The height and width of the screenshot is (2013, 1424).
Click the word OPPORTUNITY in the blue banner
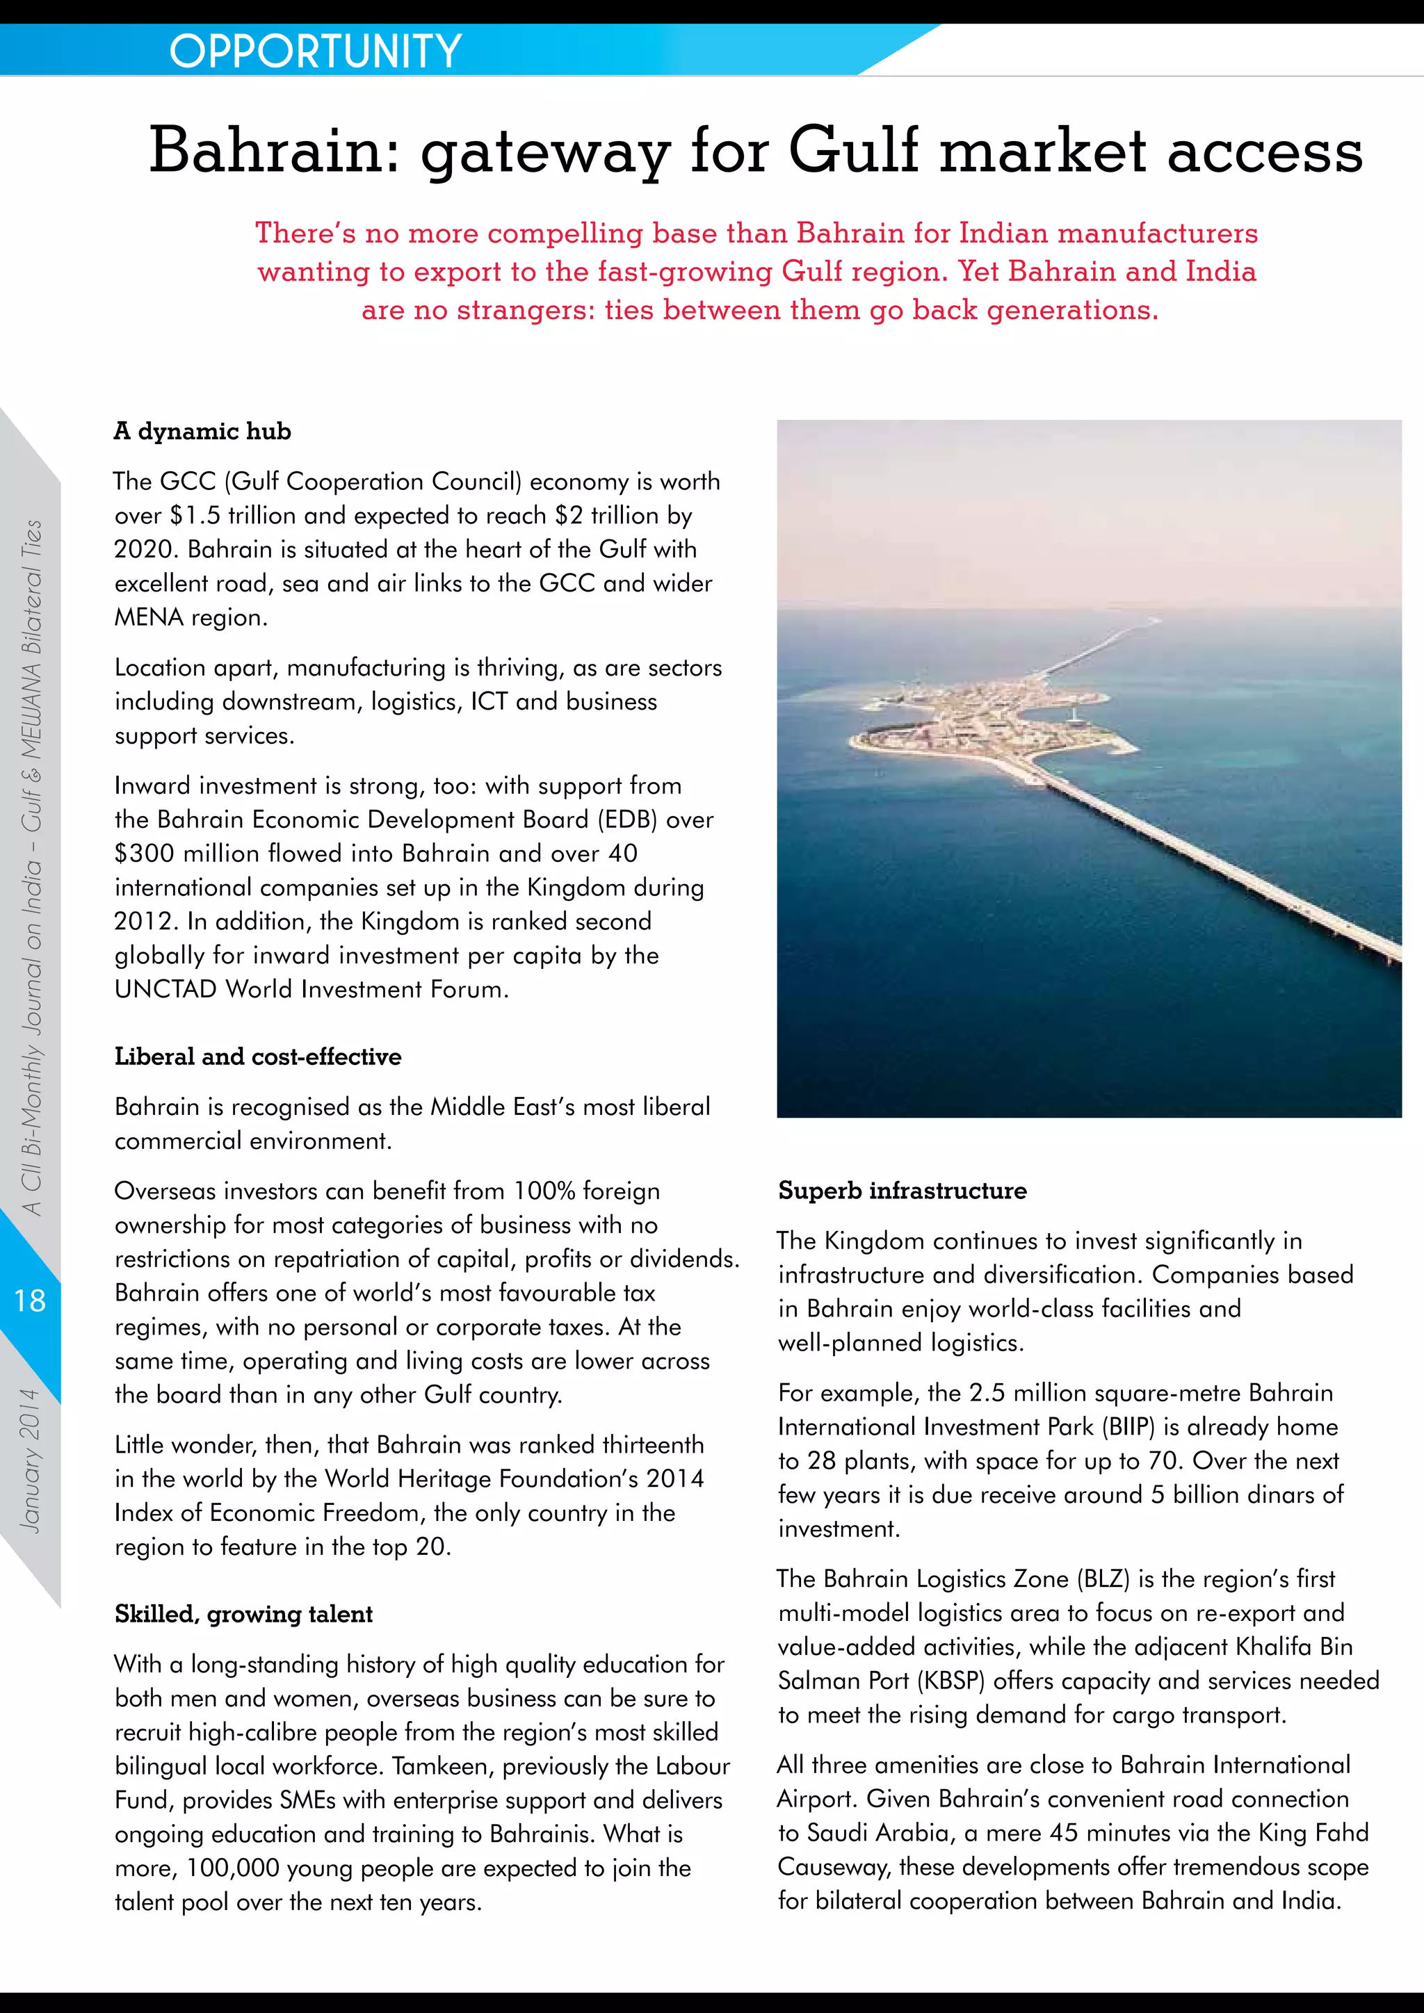click(x=315, y=51)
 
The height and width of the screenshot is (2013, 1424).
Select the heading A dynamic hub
click(x=202, y=432)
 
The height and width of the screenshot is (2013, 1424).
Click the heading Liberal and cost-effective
click(x=258, y=1057)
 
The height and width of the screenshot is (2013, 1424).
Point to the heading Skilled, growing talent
click(x=244, y=1614)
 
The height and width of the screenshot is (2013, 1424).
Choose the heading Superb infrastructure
click(x=903, y=1191)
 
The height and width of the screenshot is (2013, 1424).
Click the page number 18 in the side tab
click(x=30, y=1301)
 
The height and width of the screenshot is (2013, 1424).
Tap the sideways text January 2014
click(x=30, y=1460)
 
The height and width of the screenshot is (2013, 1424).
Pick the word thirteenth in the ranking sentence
click(x=644, y=1445)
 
